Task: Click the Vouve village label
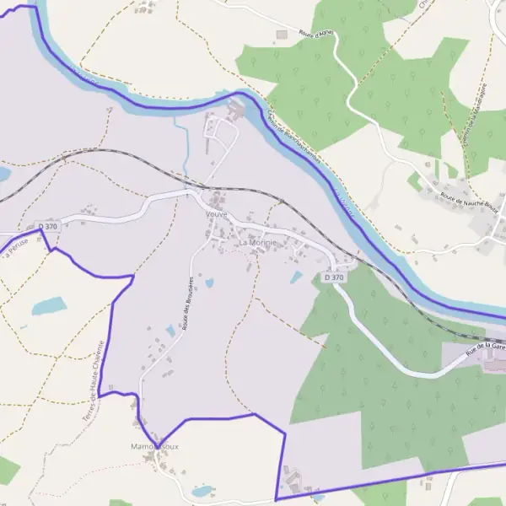[x=217, y=214]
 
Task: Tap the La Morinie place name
[x=256, y=243]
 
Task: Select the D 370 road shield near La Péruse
[x=48, y=227]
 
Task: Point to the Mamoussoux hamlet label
[x=155, y=445]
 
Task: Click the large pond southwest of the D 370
[x=49, y=305]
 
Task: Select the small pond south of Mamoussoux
[x=202, y=490]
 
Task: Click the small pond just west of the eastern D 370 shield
[x=296, y=277]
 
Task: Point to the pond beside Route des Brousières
[x=209, y=283]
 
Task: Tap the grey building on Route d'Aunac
[x=282, y=35]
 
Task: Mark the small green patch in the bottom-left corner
[x=7, y=469]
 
